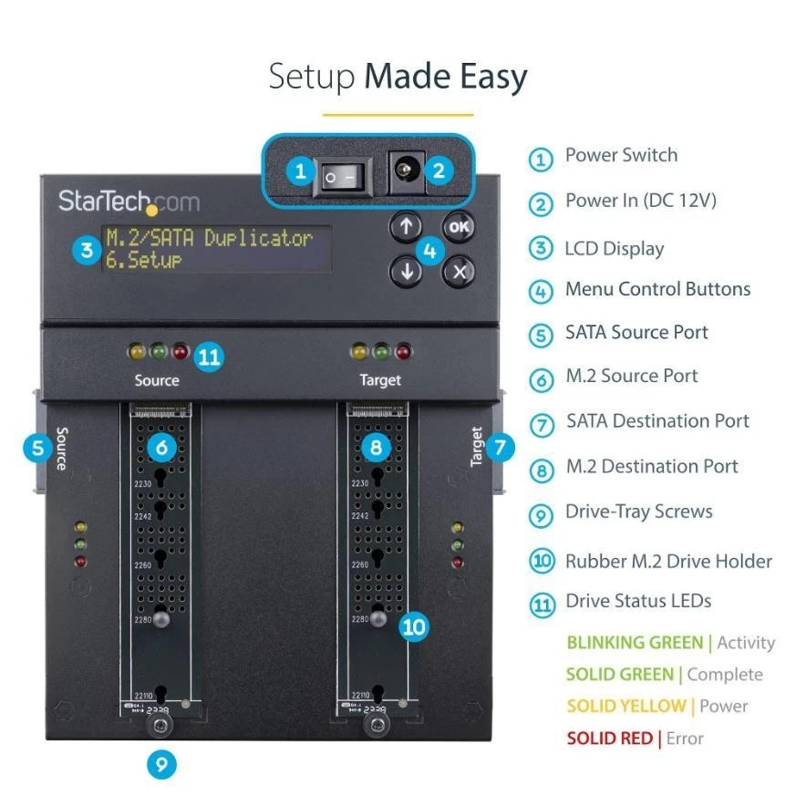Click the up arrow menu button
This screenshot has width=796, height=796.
click(406, 227)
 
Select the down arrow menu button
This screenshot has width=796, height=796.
click(406, 270)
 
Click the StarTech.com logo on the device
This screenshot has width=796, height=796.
click(128, 201)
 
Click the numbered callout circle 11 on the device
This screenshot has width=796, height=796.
click(209, 357)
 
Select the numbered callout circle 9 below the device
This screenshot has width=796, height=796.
click(160, 764)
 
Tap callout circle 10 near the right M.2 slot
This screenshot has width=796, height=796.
click(414, 626)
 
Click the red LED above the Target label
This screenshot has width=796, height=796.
click(403, 350)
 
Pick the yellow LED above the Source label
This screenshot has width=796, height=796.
click(136, 350)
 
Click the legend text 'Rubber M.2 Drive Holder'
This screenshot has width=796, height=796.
click(668, 561)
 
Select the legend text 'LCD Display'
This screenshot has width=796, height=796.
click(614, 249)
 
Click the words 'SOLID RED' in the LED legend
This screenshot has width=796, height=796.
click(609, 738)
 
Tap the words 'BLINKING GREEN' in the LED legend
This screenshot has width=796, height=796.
click(636, 643)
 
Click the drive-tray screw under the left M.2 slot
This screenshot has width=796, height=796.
click(160, 727)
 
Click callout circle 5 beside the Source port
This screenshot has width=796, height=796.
click(37, 448)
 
